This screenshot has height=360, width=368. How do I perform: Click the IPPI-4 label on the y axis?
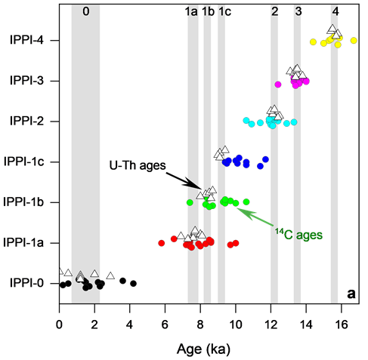[x=26, y=40]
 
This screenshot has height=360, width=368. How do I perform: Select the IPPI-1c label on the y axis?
[x=24, y=162]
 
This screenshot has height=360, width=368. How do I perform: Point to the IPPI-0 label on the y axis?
[x=26, y=283]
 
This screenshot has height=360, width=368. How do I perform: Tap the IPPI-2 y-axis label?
[x=26, y=121]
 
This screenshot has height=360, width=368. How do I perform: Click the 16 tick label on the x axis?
[x=342, y=325]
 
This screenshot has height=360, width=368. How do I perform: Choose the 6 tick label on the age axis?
[x=165, y=325]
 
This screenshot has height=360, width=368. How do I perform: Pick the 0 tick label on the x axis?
[x=59, y=325]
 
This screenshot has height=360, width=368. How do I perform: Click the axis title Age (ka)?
[x=203, y=349]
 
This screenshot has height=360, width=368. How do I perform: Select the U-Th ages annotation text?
[x=138, y=165]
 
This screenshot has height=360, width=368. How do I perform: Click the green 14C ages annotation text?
[x=298, y=235]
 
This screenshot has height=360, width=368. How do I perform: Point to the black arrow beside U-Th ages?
[x=184, y=180]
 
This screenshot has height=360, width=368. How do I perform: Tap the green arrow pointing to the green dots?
[x=255, y=217]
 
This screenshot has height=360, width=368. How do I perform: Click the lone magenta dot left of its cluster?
[x=277, y=85]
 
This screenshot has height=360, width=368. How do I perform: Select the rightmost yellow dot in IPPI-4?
[x=354, y=40]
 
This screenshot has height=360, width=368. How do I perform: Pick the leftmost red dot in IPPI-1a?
[x=162, y=243]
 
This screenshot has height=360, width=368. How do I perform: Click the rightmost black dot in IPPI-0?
[x=134, y=284]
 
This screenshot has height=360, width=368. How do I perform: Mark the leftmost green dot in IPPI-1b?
[x=190, y=202]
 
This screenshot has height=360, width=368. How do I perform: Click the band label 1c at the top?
[x=224, y=11]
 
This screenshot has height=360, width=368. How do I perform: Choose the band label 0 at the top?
[x=86, y=11]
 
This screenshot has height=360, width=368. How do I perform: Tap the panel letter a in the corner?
[x=351, y=294]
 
